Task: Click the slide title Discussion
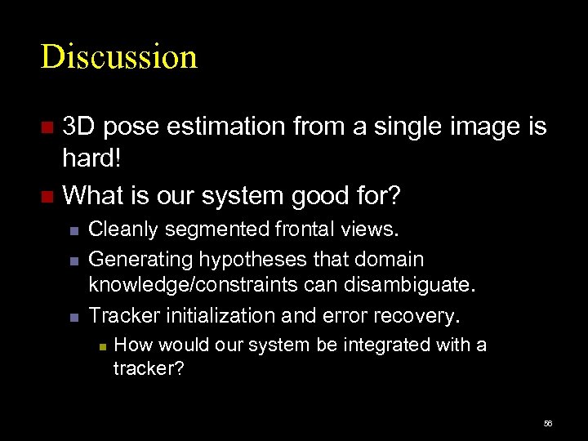pos(119,57)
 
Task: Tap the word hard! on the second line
pos(91,158)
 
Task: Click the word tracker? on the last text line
pos(148,369)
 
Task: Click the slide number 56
pos(547,424)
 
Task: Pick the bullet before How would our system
pos(100,346)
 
